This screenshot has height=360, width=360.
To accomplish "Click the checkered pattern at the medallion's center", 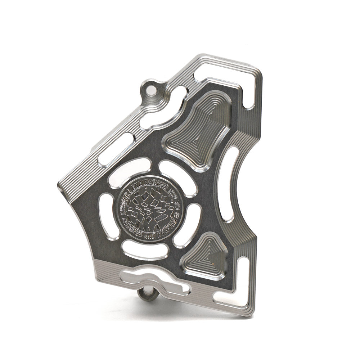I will (x=150, y=209).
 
